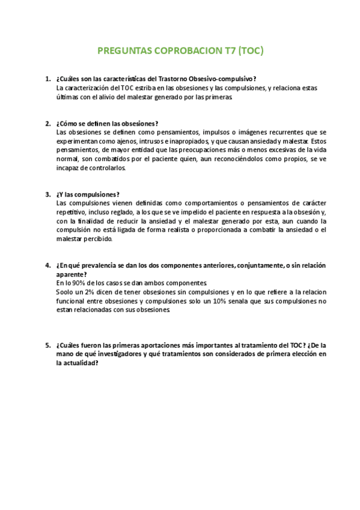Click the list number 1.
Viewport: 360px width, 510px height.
pyautogui.click(x=47, y=79)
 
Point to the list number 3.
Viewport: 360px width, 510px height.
pyautogui.click(x=47, y=194)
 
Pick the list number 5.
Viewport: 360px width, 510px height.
pyautogui.click(x=47, y=346)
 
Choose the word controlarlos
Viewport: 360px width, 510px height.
pyautogui.click(x=106, y=168)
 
